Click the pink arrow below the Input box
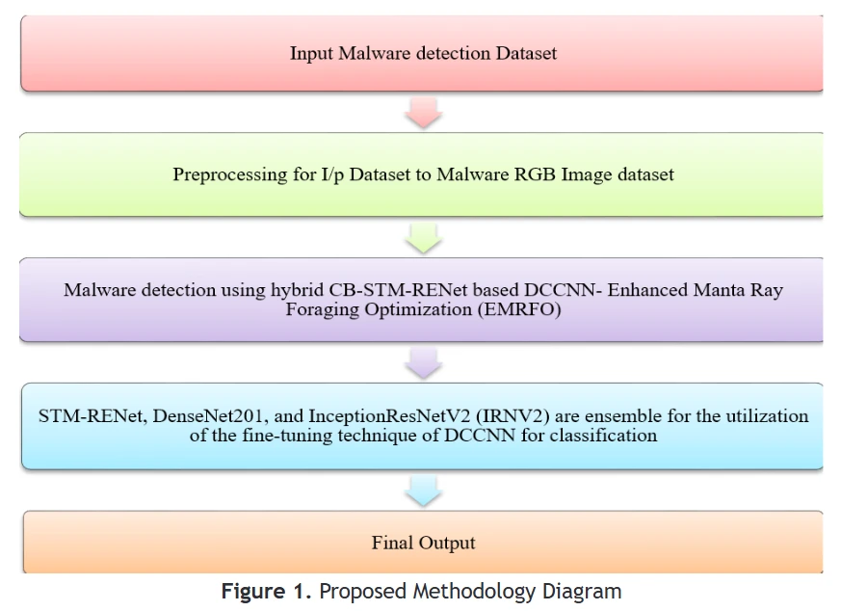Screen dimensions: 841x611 coord(424,113)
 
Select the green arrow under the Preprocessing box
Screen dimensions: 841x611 coord(424,238)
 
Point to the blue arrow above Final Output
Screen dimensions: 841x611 coord(424,491)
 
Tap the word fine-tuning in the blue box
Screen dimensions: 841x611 coord(287,436)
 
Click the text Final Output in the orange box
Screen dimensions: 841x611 coord(423,543)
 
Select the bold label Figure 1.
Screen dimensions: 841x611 coord(266,591)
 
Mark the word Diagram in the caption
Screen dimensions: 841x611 coord(582,592)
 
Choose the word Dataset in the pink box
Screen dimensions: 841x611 coord(526,53)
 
